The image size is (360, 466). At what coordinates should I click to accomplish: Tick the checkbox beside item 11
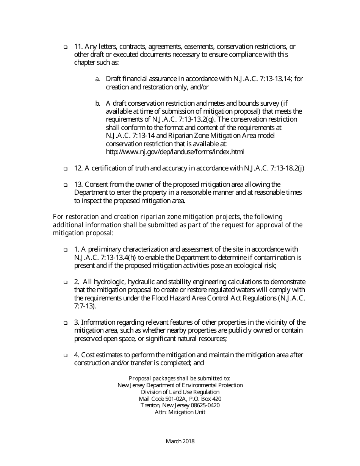tap(65, 47)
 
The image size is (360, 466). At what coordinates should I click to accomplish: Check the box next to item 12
tap(65, 169)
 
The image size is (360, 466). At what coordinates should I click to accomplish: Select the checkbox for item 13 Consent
tap(65, 185)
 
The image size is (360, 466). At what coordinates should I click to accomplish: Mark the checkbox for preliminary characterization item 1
tap(65, 250)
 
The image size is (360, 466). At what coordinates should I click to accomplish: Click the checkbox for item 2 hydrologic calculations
tap(65, 283)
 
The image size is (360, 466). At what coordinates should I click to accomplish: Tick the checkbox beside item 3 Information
tap(65, 323)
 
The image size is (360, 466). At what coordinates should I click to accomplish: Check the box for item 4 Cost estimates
tap(65, 356)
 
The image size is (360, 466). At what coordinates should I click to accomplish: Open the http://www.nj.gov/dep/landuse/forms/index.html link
tap(175, 152)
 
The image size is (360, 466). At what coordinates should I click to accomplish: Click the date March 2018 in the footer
tap(180, 441)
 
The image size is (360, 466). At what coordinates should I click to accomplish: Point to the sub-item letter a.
tap(97, 79)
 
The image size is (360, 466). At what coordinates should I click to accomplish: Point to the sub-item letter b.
tap(97, 103)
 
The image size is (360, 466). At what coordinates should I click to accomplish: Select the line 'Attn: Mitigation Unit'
tap(180, 412)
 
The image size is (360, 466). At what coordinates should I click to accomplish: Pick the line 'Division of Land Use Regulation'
tap(180, 392)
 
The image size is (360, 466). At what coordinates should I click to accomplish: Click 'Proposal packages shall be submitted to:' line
tap(180, 378)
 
